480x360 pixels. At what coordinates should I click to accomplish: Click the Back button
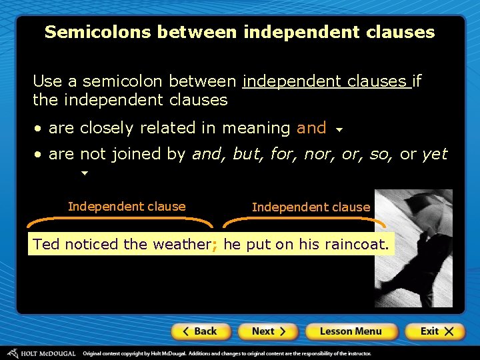click(201, 331)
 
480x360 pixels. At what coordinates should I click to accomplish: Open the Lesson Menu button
click(351, 331)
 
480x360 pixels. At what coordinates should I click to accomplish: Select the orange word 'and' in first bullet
click(311, 127)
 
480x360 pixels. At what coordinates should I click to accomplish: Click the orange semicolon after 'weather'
click(215, 245)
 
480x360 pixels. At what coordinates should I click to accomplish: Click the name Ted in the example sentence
click(46, 245)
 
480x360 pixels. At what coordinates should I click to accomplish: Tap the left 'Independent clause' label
click(127, 207)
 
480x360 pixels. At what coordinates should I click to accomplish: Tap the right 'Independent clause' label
click(311, 207)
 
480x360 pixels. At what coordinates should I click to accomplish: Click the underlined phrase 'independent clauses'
click(325, 81)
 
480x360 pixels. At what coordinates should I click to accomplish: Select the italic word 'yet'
click(435, 154)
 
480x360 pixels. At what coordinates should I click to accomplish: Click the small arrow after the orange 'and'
click(339, 130)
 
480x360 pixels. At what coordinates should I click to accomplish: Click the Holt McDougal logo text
click(47, 353)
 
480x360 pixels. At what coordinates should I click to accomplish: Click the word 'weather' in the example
click(181, 245)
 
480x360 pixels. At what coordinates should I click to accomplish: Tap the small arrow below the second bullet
click(84, 173)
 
